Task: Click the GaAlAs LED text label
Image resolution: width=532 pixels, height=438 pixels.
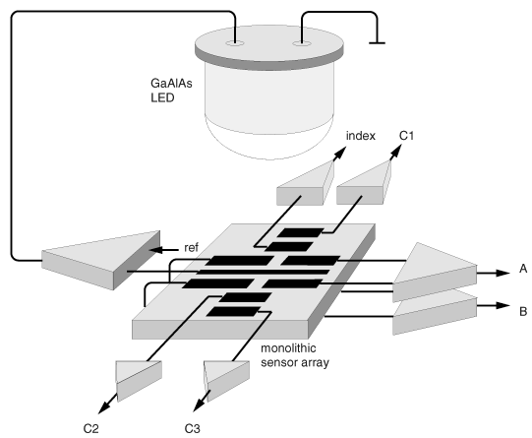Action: (x=171, y=91)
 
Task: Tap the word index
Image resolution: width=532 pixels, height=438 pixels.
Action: (x=361, y=136)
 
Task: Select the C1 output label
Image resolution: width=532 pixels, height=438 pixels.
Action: (x=406, y=136)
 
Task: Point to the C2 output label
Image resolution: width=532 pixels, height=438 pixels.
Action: (x=90, y=429)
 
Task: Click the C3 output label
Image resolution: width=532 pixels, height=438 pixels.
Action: (x=193, y=429)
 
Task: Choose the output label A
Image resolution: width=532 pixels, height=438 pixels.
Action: (x=523, y=269)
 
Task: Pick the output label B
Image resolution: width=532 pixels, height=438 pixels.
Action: (x=523, y=311)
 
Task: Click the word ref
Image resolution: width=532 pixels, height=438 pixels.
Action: (x=191, y=247)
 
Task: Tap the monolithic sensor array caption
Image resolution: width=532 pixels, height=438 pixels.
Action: (x=295, y=355)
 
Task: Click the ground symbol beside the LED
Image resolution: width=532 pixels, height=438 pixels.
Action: (x=377, y=42)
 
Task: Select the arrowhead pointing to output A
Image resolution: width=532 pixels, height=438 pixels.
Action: (x=503, y=273)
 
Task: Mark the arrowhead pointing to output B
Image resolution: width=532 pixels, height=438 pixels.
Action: (x=503, y=305)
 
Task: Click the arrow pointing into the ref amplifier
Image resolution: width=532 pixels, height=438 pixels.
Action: (x=163, y=250)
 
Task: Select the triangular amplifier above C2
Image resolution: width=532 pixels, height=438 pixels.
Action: (x=139, y=380)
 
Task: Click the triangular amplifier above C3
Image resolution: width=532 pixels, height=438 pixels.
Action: (x=226, y=380)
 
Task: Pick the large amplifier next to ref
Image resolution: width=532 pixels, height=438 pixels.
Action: (x=101, y=260)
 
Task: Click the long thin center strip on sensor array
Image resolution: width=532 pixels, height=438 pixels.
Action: (x=263, y=272)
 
